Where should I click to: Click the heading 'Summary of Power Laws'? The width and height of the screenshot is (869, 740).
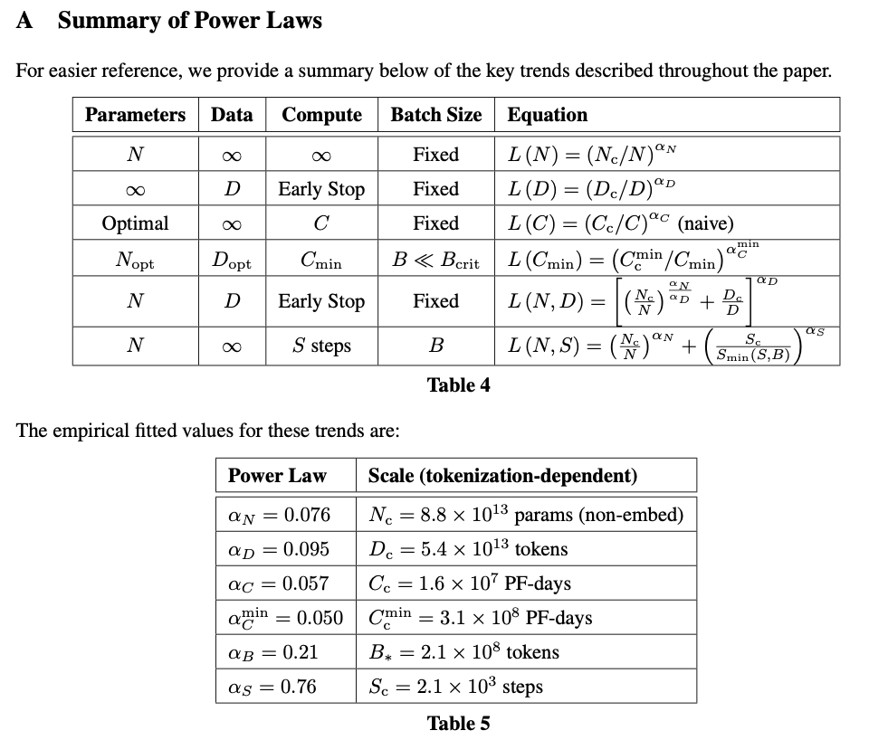[x=189, y=21]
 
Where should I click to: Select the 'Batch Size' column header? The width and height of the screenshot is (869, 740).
[x=436, y=115]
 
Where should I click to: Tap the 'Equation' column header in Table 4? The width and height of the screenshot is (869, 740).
[x=548, y=115]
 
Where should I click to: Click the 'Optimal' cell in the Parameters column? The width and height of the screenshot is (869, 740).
[x=135, y=223]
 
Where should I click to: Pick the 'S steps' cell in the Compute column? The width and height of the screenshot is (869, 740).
[x=321, y=346]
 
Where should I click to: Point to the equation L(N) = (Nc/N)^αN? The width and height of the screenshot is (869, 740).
[x=593, y=154]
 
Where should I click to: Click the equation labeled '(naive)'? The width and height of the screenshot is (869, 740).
[x=621, y=223]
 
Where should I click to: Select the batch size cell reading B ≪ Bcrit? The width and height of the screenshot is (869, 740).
[x=436, y=261]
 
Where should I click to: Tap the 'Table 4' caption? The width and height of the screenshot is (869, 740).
[x=458, y=385]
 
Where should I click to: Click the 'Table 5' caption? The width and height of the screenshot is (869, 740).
[x=458, y=723]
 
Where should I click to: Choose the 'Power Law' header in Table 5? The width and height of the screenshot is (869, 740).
[x=277, y=476]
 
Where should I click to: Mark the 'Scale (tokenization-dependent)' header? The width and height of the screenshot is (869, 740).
[x=502, y=476]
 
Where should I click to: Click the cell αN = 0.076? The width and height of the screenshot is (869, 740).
[x=279, y=516]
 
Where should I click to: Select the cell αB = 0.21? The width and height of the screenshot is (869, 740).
[x=272, y=652]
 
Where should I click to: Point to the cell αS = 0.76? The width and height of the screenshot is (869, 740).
[x=272, y=687]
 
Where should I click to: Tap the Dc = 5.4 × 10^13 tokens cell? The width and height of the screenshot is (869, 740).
[x=468, y=549]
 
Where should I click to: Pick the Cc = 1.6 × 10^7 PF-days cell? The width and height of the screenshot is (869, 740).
[x=470, y=583]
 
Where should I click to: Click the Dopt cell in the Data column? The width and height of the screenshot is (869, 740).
[x=232, y=262]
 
